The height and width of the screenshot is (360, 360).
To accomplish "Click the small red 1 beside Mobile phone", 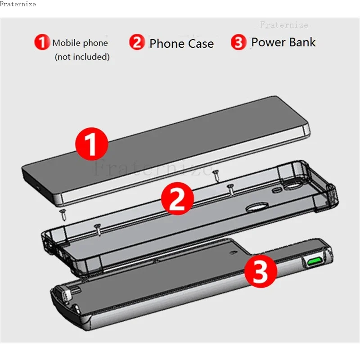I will (x=41, y=43).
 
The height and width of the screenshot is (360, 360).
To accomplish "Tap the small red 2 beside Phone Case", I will (x=137, y=43).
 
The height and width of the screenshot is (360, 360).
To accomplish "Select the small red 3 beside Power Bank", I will (x=238, y=43).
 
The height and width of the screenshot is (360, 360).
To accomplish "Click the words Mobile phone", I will (x=80, y=43).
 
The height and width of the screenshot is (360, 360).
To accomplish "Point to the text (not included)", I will (x=82, y=57).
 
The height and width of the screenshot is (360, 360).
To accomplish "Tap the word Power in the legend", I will (x=268, y=42).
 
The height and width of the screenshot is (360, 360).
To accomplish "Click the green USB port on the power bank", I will (x=314, y=261).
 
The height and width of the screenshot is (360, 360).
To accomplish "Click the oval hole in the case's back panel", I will (x=256, y=208).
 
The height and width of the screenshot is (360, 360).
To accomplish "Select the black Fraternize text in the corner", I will (x=18, y=4).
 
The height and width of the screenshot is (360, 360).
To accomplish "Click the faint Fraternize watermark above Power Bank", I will (x=283, y=25).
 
